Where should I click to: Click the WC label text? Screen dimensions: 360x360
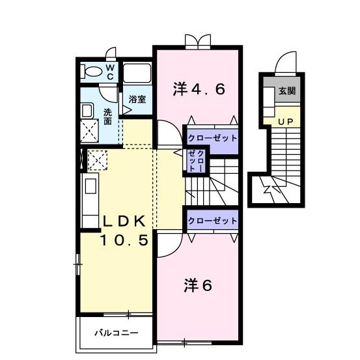click(110, 72)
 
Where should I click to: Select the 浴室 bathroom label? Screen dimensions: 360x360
click(137, 100)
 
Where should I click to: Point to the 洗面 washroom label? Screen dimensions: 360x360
click(107, 117)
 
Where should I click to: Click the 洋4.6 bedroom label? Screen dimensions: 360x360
click(199, 89)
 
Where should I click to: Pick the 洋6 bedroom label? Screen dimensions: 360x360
click(199, 284)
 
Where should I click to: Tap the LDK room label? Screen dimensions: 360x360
click(127, 220)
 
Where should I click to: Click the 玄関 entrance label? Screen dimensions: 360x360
click(286, 91)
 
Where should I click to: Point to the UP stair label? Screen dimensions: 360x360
click(285, 121)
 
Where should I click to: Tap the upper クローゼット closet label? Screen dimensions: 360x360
click(212, 138)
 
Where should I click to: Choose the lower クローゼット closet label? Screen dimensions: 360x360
click(212, 221)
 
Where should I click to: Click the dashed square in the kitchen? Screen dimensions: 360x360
click(97, 159)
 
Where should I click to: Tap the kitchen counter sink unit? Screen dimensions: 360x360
click(89, 196)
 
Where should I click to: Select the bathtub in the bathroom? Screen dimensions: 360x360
click(137, 74)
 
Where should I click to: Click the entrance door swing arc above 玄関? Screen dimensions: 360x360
click(284, 64)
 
